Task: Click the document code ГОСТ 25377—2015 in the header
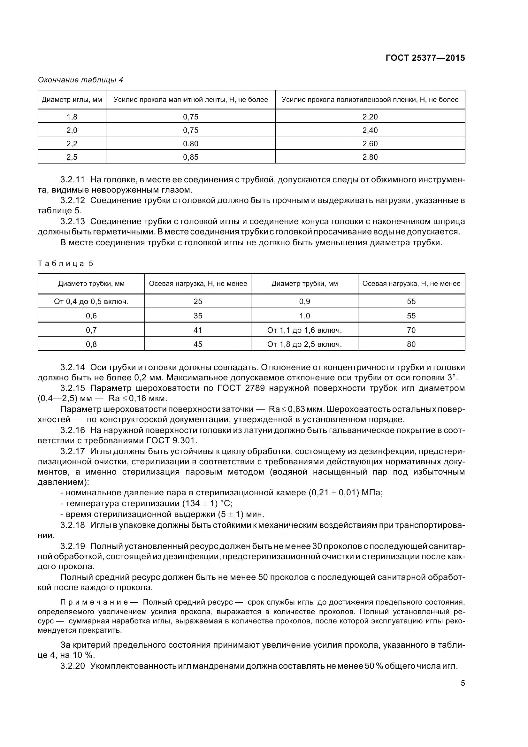click(x=425, y=58)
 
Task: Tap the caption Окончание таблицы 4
click(x=80, y=80)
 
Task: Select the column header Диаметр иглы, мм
click(x=72, y=100)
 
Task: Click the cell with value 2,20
click(x=370, y=117)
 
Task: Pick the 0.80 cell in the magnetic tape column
click(x=191, y=144)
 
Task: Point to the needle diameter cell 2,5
click(x=72, y=157)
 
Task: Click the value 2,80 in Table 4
click(x=370, y=157)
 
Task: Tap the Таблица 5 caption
click(x=65, y=263)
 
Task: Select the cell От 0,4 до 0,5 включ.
click(x=91, y=301)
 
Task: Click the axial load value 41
click(x=198, y=330)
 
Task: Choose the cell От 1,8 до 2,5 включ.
click(x=304, y=344)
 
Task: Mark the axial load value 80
click(x=411, y=344)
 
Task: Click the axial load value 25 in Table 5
click(x=198, y=301)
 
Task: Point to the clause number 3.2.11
click(x=73, y=179)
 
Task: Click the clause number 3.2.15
click(x=73, y=388)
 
